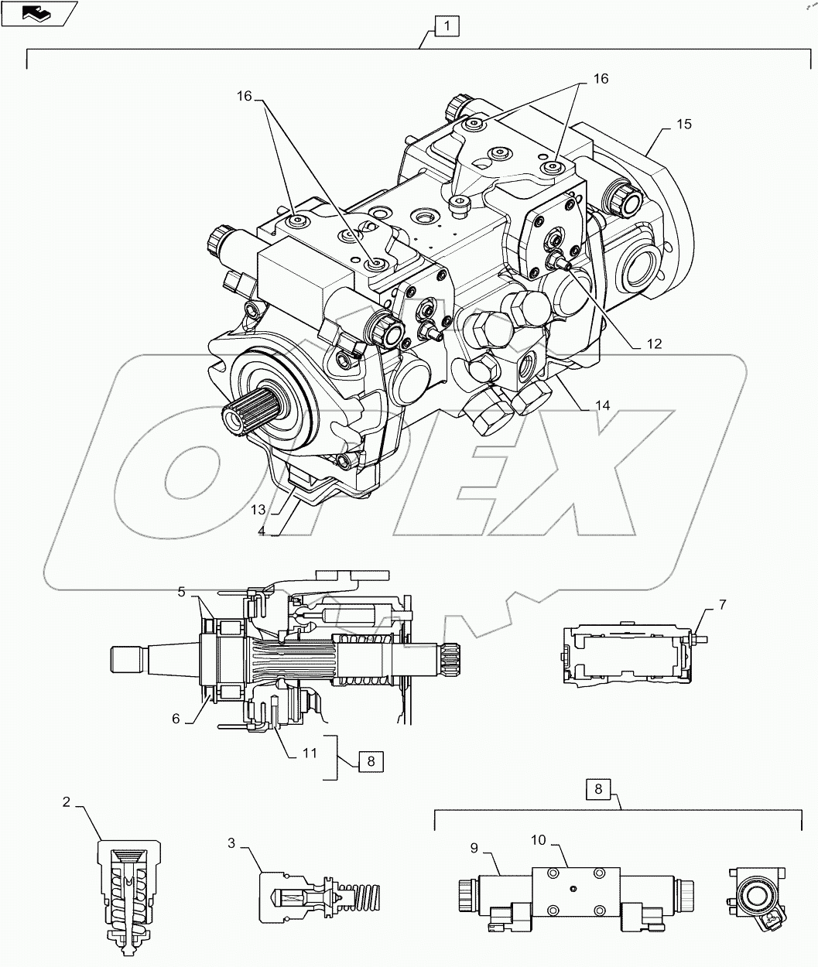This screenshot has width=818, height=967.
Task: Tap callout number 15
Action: (x=683, y=124)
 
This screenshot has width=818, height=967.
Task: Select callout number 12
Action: (x=654, y=345)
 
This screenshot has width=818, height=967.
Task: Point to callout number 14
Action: (x=603, y=405)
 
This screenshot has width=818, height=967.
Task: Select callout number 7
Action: (x=722, y=605)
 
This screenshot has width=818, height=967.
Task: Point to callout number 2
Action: (x=67, y=802)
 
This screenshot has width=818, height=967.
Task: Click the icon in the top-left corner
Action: (x=39, y=12)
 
